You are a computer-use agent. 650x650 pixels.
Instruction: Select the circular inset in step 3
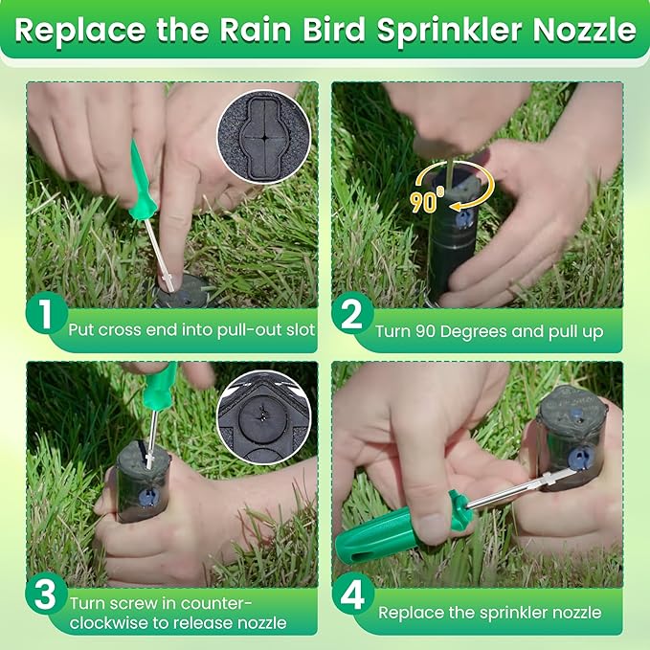[261, 415]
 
